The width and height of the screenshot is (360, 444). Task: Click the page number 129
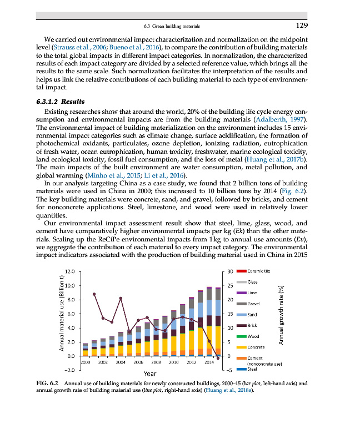pos(301,26)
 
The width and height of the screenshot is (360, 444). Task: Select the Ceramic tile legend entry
pos(258,271)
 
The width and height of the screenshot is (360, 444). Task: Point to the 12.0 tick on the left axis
pos(69,271)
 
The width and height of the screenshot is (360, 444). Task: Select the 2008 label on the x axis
pos(156,361)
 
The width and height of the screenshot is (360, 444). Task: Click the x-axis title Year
pos(150,374)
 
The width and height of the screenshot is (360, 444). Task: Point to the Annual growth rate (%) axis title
pos(281,316)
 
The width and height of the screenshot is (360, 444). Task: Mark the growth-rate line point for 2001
pos(94,294)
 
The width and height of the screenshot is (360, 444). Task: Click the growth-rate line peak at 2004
pos(121,299)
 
